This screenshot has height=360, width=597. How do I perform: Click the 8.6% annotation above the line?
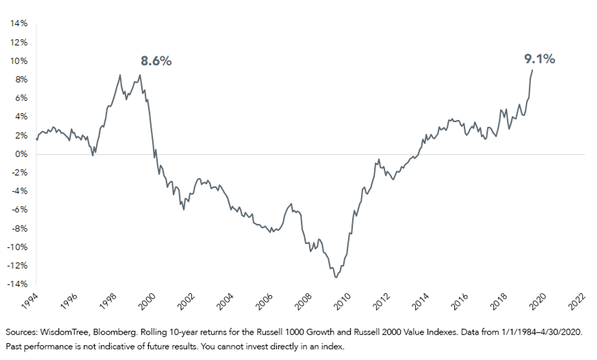coord(156,61)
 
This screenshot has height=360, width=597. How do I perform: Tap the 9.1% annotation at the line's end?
coord(540,59)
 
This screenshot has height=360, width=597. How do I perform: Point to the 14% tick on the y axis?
coord(19,23)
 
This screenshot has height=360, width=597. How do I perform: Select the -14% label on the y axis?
coord(17,284)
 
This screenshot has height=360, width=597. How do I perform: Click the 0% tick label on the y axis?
coord(21,154)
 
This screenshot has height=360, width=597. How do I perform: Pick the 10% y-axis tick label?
coord(19,61)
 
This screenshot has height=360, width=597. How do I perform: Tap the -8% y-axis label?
coord(20,229)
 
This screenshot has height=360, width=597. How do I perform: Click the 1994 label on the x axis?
coord(29,302)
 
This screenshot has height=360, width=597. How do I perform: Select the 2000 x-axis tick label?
coord(147,302)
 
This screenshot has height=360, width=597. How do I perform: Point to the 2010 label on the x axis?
coord(342,302)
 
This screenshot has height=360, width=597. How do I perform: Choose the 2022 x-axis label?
coord(577,302)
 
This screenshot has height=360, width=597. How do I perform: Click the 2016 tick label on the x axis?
coord(460,302)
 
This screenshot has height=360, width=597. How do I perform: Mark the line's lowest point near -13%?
coord(336,277)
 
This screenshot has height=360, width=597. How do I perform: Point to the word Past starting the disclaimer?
coord(13,347)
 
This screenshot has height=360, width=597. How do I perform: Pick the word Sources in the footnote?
coord(22,332)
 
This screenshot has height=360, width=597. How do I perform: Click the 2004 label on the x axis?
coord(225,302)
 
